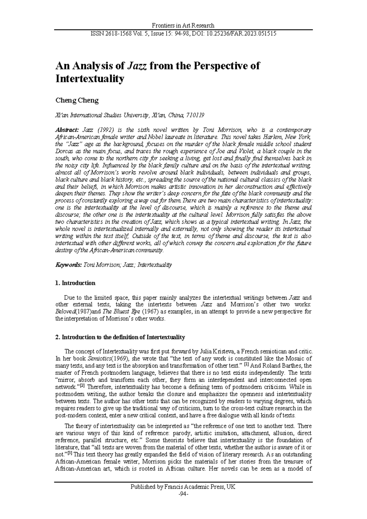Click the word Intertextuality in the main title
click(x=90, y=79)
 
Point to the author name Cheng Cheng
click(x=77, y=101)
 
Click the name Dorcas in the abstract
click(x=64, y=151)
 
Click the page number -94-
click(x=183, y=494)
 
